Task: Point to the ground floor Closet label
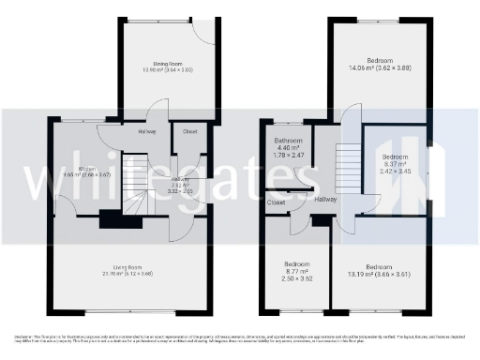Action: pos(189,130)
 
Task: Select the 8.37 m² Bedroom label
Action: pos(396,157)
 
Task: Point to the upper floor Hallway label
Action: pos(325,200)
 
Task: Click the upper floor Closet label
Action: pos(277,202)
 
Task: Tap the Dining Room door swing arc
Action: pos(202,36)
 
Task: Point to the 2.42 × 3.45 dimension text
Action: pos(396,171)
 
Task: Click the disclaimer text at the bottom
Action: pos(240,337)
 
